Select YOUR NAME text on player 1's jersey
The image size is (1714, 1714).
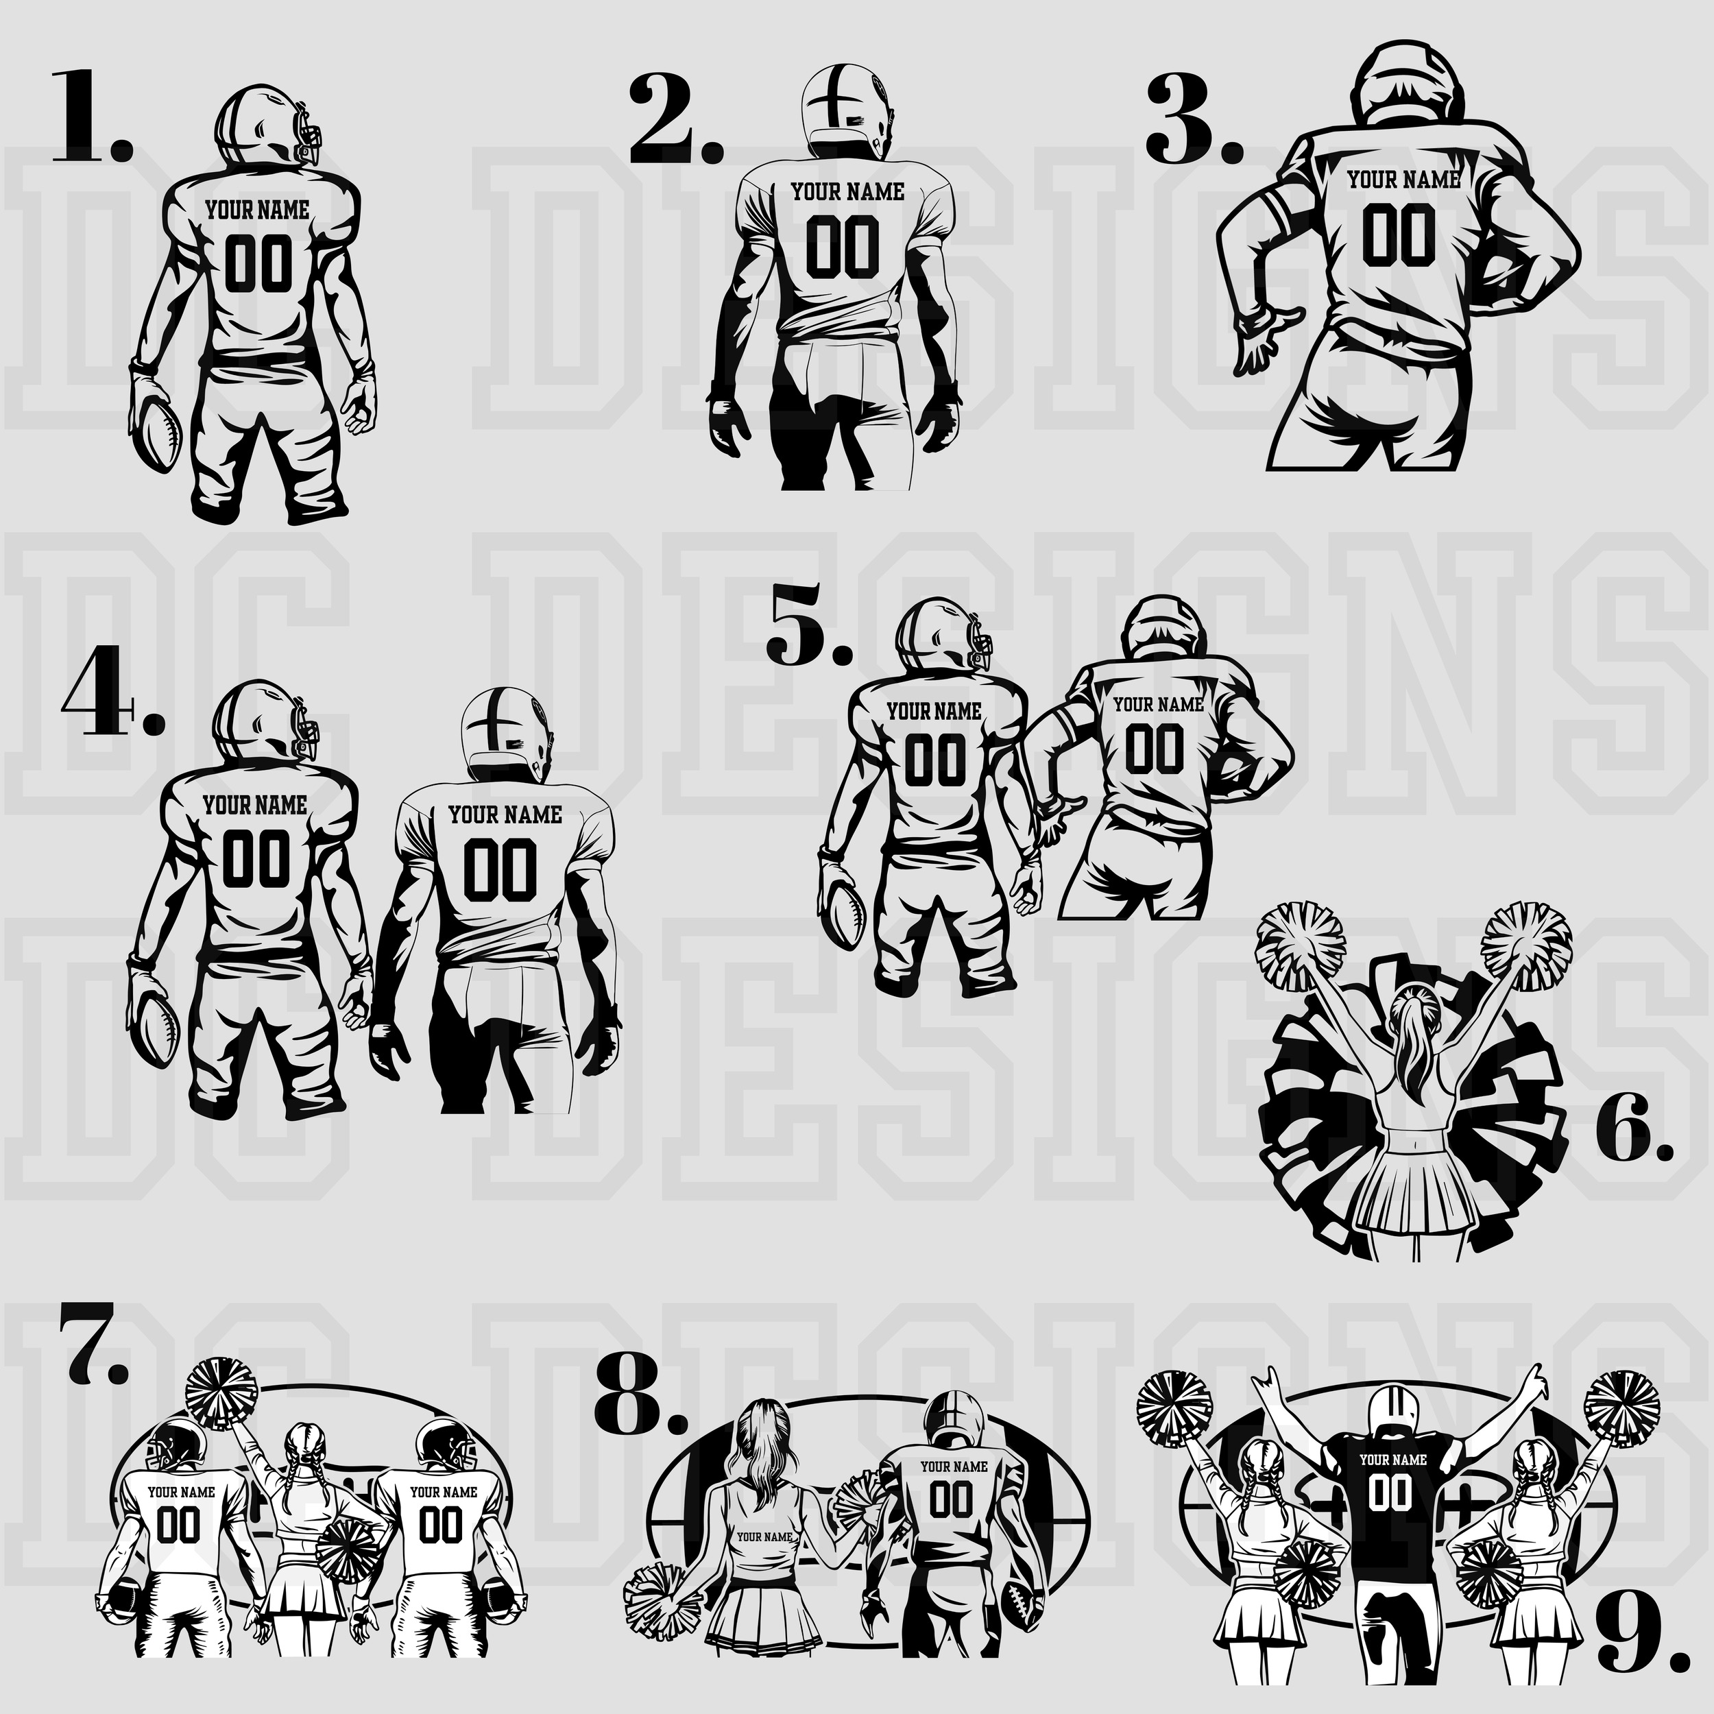[x=257, y=211]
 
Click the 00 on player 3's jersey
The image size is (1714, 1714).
[x=1399, y=235]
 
